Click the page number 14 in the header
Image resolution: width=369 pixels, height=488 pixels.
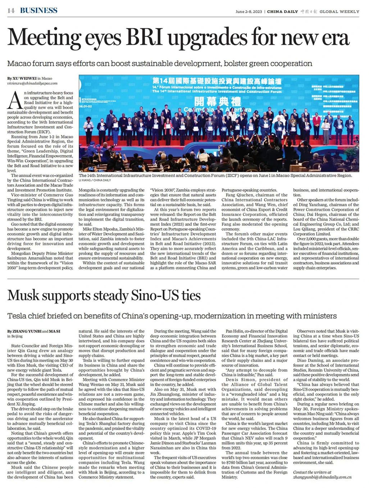[11, 10]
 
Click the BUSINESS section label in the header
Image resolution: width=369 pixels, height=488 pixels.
[38, 10]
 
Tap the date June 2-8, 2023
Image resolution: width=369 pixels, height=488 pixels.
[249, 12]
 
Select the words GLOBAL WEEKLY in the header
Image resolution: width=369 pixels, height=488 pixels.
[339, 12]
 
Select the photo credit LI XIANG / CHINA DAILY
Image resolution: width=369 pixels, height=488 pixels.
[95, 180]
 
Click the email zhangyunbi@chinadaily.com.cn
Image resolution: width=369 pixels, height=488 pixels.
[322, 477]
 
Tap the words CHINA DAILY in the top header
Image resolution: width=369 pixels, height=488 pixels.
[282, 12]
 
